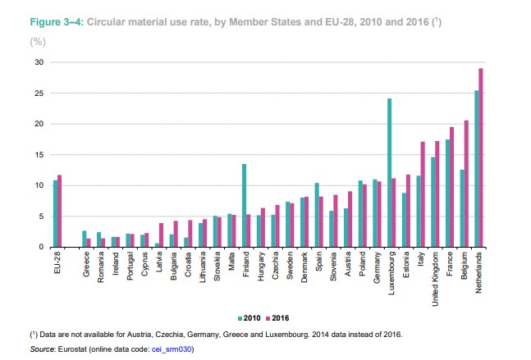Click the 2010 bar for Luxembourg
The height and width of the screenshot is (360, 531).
point(390,172)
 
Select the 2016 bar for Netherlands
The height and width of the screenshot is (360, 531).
point(481,157)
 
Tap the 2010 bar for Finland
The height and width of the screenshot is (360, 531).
point(245,205)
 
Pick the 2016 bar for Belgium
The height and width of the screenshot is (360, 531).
point(466,184)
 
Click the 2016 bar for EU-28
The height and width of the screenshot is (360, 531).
point(60,211)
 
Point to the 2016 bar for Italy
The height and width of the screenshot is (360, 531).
point(423,194)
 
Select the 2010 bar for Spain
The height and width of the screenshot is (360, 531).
point(317,215)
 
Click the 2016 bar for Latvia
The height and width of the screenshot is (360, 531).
point(161,235)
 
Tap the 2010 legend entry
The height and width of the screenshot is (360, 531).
point(249,318)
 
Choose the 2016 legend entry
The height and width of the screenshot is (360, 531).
point(277,318)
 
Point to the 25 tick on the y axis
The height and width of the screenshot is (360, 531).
point(39,93)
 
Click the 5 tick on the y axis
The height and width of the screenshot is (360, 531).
point(41,216)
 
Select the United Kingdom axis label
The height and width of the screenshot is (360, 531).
point(435,279)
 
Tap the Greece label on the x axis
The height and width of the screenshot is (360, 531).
point(86,264)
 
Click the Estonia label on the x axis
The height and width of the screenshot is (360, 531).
point(406,265)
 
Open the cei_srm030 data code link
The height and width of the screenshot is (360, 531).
point(172,349)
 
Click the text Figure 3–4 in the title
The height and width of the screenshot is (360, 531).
point(57,22)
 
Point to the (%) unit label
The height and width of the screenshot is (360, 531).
point(38,42)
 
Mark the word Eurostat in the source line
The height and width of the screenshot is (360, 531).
point(72,349)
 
